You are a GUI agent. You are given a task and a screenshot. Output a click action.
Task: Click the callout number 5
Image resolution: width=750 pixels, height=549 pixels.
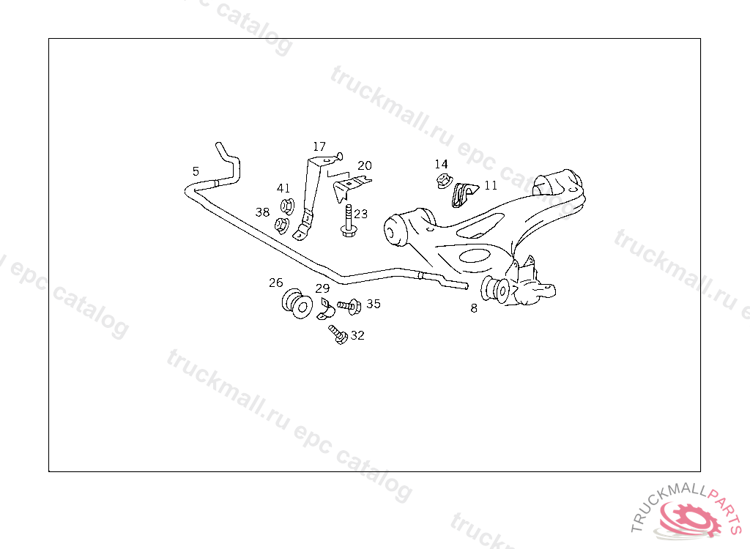(x=196, y=171)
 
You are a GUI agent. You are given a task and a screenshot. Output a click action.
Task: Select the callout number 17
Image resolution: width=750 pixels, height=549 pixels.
(x=319, y=146)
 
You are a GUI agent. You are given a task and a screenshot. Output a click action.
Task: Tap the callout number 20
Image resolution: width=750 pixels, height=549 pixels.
(x=365, y=165)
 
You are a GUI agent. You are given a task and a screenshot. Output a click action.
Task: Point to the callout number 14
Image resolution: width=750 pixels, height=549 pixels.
(x=441, y=164)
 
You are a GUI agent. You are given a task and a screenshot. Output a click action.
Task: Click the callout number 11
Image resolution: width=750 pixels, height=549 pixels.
(x=491, y=185)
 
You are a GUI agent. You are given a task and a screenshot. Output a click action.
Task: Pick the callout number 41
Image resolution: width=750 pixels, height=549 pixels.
(x=283, y=188)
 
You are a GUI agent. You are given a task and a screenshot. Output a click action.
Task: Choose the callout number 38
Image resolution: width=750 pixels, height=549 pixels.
(x=262, y=212)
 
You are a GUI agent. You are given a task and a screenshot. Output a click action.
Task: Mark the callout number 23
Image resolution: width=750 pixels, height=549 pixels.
(x=361, y=214)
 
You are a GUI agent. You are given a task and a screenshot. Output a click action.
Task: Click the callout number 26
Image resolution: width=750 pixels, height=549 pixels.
(x=275, y=283)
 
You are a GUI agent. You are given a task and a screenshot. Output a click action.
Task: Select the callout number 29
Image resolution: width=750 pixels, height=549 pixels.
(x=323, y=288)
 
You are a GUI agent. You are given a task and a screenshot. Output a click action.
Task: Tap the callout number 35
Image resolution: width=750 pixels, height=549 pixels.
(x=374, y=303)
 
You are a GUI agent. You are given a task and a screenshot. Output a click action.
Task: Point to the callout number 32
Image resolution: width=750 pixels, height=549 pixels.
(x=357, y=335)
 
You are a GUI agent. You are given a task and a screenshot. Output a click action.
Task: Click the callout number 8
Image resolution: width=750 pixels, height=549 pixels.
(x=474, y=308)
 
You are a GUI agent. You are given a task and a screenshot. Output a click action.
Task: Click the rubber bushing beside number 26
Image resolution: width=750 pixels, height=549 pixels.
(x=296, y=304)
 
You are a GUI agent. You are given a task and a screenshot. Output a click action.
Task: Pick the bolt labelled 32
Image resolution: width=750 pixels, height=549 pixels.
(x=338, y=335)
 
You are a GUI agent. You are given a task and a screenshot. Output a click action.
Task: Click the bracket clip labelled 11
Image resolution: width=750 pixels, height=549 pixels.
(x=464, y=194)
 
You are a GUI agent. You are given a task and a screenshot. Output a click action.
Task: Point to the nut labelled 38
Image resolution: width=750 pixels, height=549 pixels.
(x=281, y=224)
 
